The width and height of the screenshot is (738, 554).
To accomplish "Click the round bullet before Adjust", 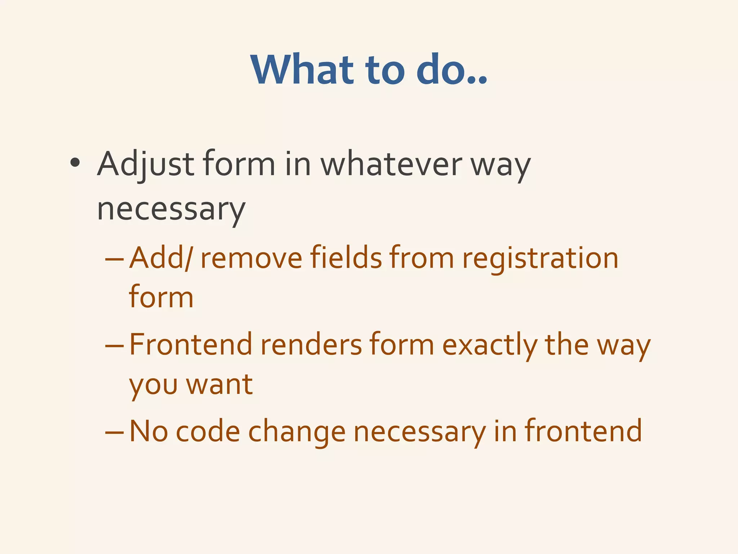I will point(75,163).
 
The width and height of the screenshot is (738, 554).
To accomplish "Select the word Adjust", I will point(146,164).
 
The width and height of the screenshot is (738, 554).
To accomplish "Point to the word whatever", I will point(391,164).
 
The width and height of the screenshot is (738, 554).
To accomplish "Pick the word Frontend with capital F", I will point(191,344).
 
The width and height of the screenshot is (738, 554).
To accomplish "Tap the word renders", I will point(311,344).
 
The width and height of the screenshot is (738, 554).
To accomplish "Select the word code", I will point(208,431).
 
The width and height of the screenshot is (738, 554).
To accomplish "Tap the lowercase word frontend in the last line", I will point(583,431).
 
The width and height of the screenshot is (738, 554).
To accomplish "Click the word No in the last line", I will point(148,431).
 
